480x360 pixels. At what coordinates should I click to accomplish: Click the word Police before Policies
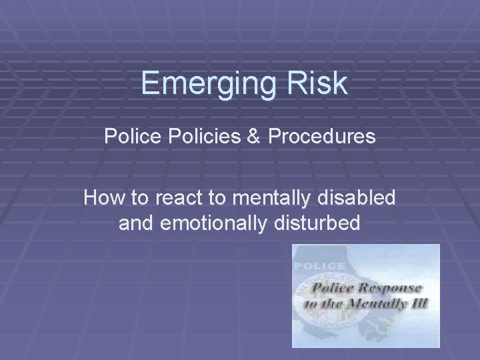coord(128,138)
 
